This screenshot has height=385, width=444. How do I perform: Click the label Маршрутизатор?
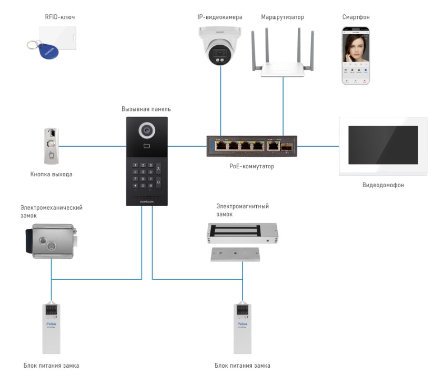coord(282,17)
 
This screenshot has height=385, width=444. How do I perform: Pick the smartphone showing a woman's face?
coord(356,56)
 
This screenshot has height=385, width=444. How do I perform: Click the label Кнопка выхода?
coord(51,174)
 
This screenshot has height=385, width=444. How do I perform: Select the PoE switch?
coord(251,146)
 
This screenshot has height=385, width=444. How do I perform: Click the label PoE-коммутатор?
coord(251,166)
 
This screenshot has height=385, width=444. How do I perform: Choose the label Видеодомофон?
coord(383,185)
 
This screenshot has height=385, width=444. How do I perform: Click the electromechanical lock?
coord(53,240)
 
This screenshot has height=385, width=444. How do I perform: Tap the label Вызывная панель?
coord(146,109)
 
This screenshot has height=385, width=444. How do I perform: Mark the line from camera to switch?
coord(220,105)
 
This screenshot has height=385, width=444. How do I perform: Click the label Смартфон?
coord(356,17)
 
